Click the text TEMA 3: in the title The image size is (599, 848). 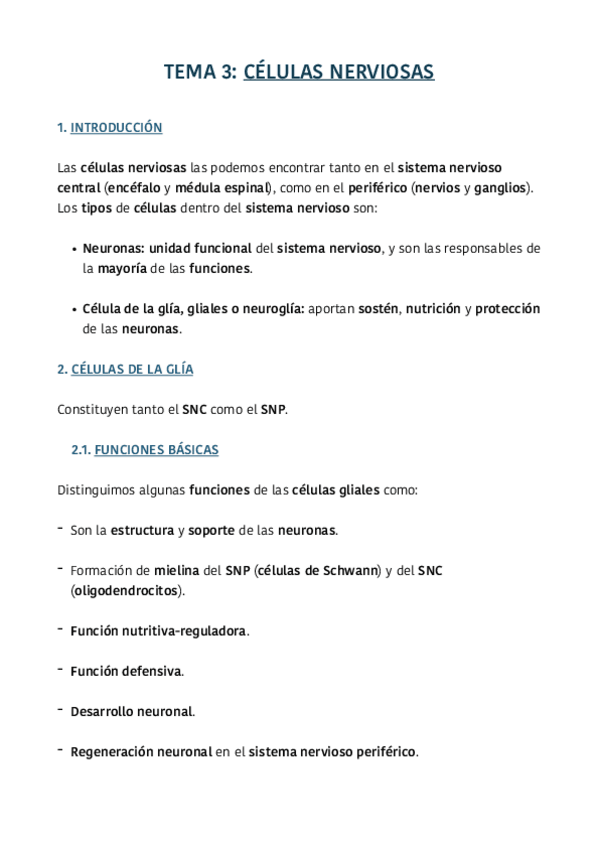pos(200,72)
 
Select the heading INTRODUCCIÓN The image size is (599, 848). pos(116,128)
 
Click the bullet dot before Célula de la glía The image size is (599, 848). pos(76,309)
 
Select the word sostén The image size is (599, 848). pos(378,309)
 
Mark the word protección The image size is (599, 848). pos(507,309)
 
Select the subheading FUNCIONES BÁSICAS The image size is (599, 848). pos(156,450)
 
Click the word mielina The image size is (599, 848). pos(176,570)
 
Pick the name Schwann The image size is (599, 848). pos(351,570)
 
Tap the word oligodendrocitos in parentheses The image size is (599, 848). pos(125,590)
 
